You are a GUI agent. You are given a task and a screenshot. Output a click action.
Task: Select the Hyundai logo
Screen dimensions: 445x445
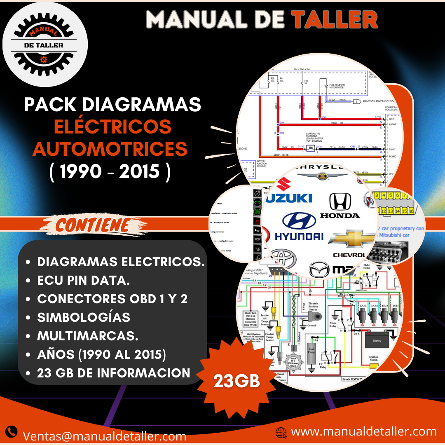coord(299,227)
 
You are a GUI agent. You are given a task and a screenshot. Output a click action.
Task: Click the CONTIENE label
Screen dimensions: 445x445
coord(93,225)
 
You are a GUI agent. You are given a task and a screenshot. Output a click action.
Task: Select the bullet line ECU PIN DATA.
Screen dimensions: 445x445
coord(84,280)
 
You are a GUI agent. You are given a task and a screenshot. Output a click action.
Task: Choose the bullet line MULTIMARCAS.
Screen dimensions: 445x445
coord(88,336)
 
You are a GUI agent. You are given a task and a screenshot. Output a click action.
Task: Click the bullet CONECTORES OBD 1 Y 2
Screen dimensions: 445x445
coord(112,299)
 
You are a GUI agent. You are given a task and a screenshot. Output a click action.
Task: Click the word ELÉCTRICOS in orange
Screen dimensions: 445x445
coord(113,127)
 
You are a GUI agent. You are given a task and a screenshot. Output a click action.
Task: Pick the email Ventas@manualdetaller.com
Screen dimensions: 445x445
coord(105,436)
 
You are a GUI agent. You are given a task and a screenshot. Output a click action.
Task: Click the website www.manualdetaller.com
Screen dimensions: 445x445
coord(363,431)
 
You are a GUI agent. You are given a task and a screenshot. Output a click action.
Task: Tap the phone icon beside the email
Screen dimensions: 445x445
coord(12,431)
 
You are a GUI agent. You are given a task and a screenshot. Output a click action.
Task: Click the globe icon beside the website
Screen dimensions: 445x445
coord(281,432)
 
